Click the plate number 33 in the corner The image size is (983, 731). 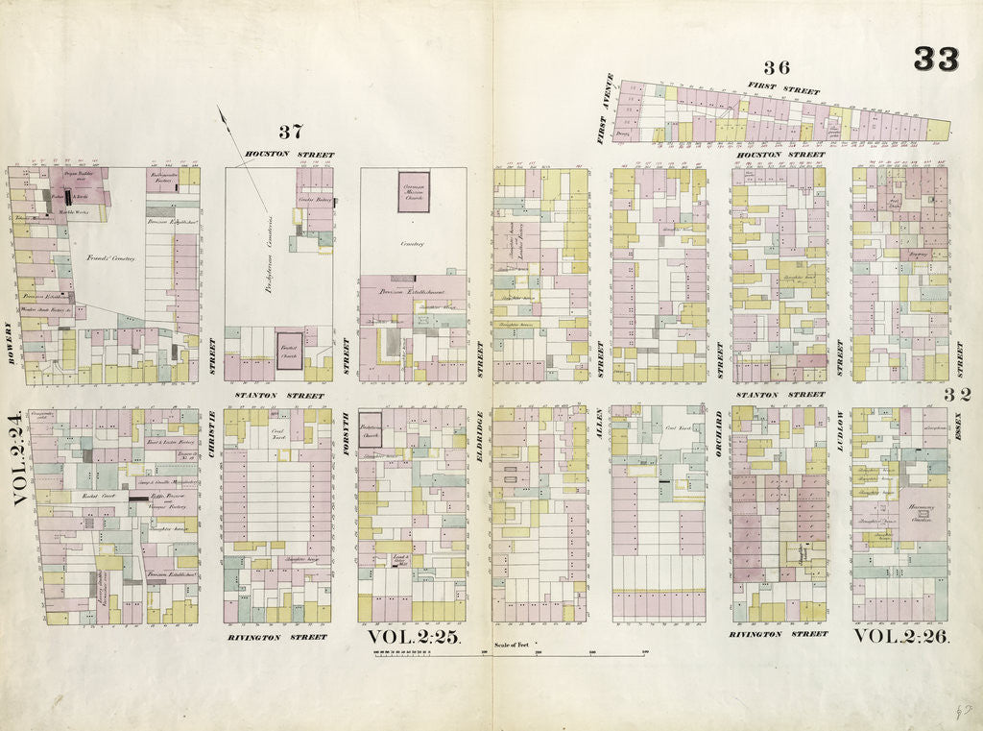point(935,60)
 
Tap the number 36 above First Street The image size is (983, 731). point(776,67)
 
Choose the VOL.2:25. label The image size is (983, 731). point(415,637)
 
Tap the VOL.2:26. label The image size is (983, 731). point(901,636)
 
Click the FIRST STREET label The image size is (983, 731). point(784,88)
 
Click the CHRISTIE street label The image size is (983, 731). point(211,432)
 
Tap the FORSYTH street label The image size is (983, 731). point(346,432)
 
